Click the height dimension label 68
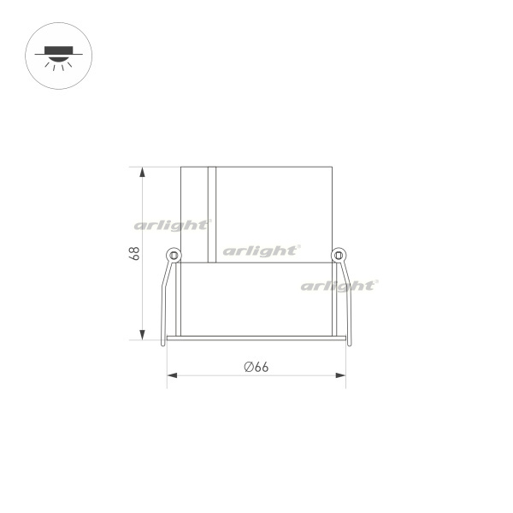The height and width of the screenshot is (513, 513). tap(134, 254)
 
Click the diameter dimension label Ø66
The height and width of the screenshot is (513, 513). tap(256, 367)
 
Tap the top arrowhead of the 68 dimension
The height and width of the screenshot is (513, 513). tap(142, 172)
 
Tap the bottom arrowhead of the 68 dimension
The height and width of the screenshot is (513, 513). tap(142, 334)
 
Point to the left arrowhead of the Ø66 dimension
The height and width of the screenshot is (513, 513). tap(172, 375)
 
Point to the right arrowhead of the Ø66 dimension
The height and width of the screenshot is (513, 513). tap(340, 375)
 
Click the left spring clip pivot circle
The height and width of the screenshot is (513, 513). tap(174, 255)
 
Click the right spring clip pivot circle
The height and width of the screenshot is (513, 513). tap(339, 255)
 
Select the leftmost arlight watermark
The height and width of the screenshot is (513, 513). tap(173, 226)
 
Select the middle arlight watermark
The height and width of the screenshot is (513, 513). tap(262, 251)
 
